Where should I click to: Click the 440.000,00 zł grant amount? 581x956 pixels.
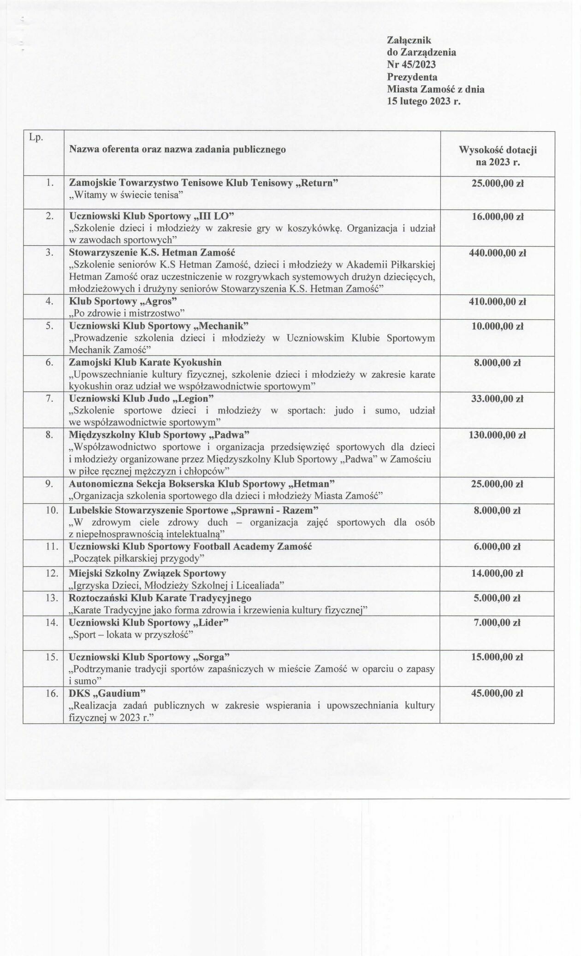click(x=497, y=253)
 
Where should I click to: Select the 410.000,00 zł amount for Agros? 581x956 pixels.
click(x=497, y=302)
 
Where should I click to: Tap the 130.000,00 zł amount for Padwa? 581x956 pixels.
click(x=497, y=435)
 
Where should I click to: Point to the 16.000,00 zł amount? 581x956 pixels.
click(x=497, y=217)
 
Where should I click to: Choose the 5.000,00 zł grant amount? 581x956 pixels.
click(x=497, y=598)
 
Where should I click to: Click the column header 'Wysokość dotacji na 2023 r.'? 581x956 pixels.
click(x=497, y=156)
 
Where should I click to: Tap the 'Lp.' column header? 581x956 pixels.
click(x=36, y=138)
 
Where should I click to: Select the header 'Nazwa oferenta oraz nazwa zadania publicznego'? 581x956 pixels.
click(x=177, y=149)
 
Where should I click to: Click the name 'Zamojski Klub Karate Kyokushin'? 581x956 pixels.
click(x=145, y=363)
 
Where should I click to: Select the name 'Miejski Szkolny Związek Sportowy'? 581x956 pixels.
click(x=148, y=574)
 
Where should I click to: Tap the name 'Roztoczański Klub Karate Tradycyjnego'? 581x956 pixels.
click(x=160, y=598)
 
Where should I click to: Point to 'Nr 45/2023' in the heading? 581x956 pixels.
click(x=411, y=65)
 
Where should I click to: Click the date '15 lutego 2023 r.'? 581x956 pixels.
click(x=424, y=102)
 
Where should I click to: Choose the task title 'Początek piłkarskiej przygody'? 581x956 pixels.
click(x=136, y=558)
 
